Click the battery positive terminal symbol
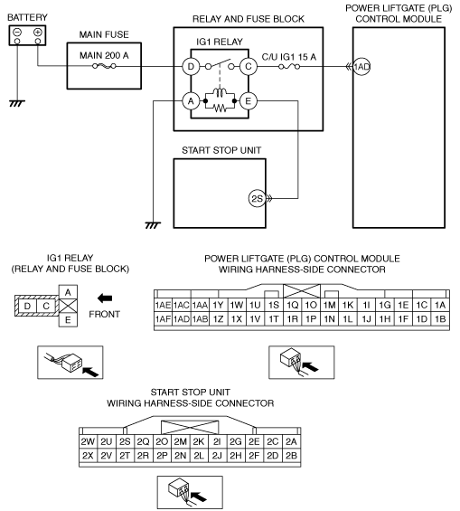(x=38, y=33)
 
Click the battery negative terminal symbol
(x=17, y=33)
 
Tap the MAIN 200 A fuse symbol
(x=104, y=67)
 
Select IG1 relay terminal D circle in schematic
(x=191, y=67)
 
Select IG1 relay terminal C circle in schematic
(x=248, y=67)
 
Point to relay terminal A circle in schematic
(x=191, y=101)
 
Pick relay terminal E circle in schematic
(x=248, y=101)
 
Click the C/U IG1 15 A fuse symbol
(x=289, y=67)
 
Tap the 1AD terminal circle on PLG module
(x=361, y=67)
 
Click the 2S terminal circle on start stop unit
(x=258, y=198)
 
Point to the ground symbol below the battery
(x=17, y=104)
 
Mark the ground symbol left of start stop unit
(x=153, y=225)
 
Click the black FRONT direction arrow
(x=105, y=298)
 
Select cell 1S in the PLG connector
(x=274, y=305)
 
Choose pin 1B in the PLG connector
(x=440, y=318)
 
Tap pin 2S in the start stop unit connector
(x=125, y=441)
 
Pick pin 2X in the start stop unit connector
(x=88, y=455)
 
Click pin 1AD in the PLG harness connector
(x=182, y=318)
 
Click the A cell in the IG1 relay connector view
(x=68, y=292)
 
